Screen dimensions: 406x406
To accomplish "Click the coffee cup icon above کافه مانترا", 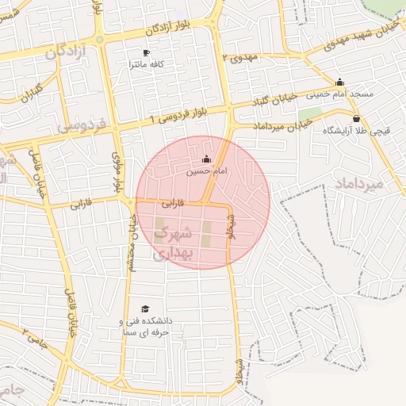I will (145, 53).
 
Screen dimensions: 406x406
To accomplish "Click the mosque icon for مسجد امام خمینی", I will (340, 82).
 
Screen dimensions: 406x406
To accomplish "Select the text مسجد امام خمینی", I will (339, 94).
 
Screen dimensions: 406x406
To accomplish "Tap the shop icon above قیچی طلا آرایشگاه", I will (355, 119).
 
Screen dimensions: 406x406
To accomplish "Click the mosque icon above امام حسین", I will (207, 159).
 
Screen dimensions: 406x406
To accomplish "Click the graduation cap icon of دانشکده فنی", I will (144, 309).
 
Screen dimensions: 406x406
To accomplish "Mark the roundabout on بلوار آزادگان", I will (99, 40).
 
